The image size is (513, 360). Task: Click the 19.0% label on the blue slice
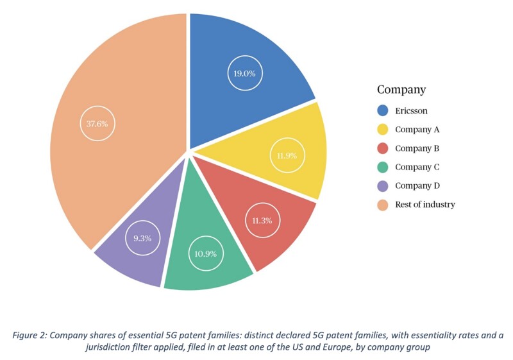pos(244,73)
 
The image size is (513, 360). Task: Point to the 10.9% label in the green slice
pos(205,253)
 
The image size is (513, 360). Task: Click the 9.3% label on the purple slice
pos(142,238)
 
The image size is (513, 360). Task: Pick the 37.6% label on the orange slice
pos(97,123)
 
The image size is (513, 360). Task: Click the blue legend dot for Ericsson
pos(383,110)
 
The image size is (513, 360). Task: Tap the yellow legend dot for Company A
pos(383,130)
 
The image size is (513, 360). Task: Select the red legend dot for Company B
pos(383,148)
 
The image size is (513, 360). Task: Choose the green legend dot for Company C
pos(383,167)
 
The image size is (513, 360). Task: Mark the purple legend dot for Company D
pos(383,186)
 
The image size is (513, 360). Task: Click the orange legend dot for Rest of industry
pos(383,205)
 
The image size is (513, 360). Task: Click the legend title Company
pos(401,90)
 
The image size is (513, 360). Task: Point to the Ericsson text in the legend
pos(412,110)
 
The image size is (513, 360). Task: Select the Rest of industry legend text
pos(425,205)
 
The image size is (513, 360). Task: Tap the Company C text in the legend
pos(417,167)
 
